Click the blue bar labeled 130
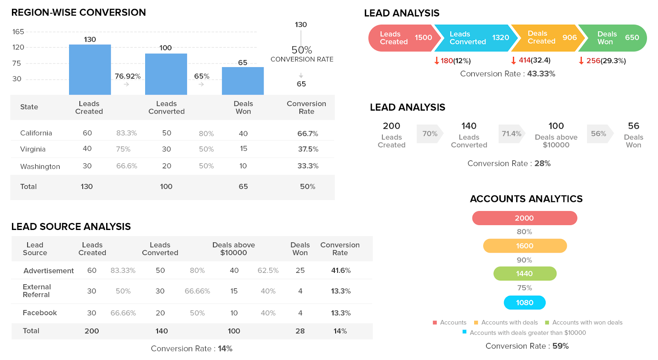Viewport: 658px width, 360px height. (x=90, y=70)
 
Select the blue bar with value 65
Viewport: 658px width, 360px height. (x=243, y=81)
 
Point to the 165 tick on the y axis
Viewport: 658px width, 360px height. (x=18, y=32)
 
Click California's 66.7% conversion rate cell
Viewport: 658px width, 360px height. (x=308, y=133)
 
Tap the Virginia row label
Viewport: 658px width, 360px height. (x=33, y=149)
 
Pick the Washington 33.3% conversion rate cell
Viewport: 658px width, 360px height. (x=308, y=166)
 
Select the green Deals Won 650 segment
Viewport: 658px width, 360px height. (x=615, y=38)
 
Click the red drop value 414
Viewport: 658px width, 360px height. (x=524, y=60)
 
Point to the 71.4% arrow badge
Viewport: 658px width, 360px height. (x=511, y=134)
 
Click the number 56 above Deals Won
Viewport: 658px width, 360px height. (x=633, y=126)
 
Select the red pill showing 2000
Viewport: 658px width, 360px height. (x=524, y=218)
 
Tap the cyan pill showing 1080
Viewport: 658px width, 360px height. (x=524, y=303)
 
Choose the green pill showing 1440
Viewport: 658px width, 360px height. (x=524, y=274)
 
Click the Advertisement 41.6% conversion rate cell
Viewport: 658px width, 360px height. (x=341, y=270)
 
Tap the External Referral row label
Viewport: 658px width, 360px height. (x=37, y=291)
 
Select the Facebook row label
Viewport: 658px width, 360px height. (x=40, y=313)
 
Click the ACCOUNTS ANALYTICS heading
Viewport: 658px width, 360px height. (x=526, y=199)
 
